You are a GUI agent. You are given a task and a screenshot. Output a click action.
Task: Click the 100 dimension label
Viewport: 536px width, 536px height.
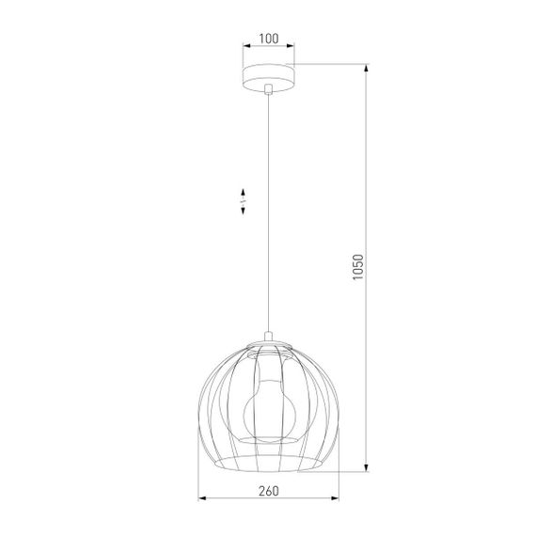268,39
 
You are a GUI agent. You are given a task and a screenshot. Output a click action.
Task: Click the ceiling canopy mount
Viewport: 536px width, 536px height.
268,75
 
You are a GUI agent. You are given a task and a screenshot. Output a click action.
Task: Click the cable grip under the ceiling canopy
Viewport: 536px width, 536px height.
268,89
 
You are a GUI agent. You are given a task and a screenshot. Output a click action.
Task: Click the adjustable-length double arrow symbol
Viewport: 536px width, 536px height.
243,200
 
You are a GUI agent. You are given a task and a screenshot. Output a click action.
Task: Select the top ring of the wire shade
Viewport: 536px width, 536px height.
268,346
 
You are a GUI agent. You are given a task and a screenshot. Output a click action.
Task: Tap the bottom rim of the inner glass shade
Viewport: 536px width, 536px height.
268,441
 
